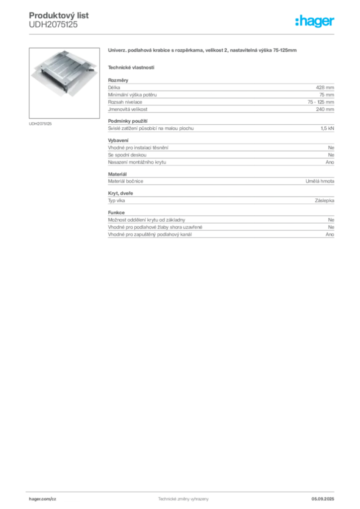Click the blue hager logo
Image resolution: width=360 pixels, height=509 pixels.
pos(315,22)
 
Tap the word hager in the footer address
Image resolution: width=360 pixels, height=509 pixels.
pos(36,499)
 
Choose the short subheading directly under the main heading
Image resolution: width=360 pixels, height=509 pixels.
pos(132,67)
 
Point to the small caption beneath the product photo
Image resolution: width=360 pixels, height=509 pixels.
pos(41,123)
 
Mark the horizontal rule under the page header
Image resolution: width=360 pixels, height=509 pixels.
pos(208,34)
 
